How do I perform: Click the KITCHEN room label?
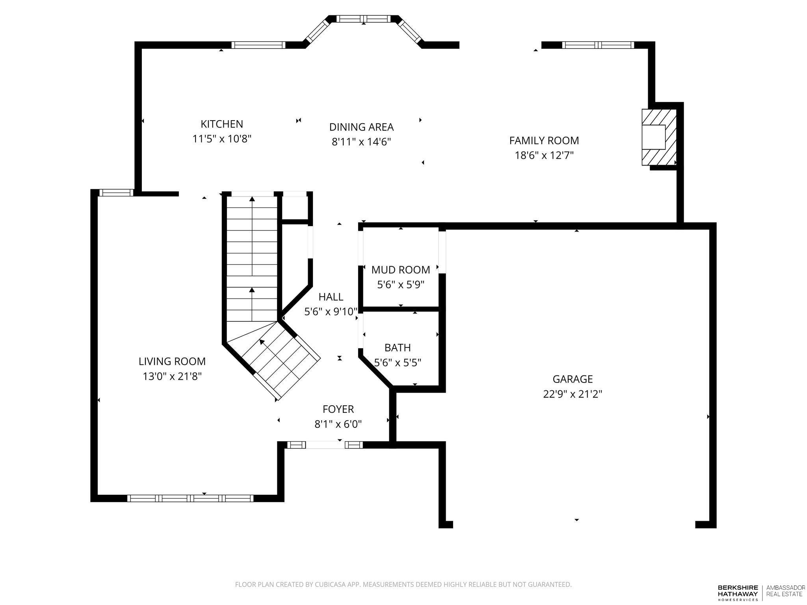pos(222,124)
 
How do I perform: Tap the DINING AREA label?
pos(361,127)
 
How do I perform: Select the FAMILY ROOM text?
pos(544,141)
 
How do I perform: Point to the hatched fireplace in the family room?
pos(659,137)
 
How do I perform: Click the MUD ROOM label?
pos(400,270)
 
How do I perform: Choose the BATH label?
pos(398,348)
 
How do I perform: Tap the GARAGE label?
pos(573,379)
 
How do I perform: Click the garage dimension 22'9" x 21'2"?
pos(573,394)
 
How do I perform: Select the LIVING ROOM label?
pos(172,362)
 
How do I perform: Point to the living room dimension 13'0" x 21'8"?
pos(172,377)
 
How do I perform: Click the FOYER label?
pos(338,409)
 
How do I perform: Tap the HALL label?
pos(331,297)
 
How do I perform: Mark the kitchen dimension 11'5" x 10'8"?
pos(222,139)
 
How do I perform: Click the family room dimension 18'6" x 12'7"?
pos(544,156)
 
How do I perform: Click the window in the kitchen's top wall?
pos(258,45)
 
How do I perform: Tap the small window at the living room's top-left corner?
pos(116,193)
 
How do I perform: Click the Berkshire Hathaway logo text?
pos(737,593)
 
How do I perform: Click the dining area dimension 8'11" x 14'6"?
pos(361,142)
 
